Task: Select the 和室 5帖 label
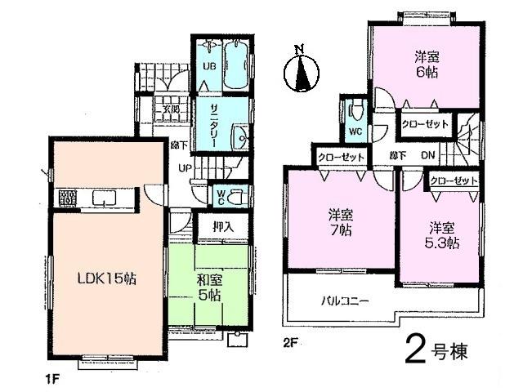click(x=209, y=287)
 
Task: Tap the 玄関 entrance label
click(x=170, y=109)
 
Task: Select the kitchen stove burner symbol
click(x=67, y=198)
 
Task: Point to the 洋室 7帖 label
click(x=340, y=223)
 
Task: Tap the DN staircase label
click(x=427, y=156)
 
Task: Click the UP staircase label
click(x=186, y=169)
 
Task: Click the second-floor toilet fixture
click(x=356, y=110)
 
